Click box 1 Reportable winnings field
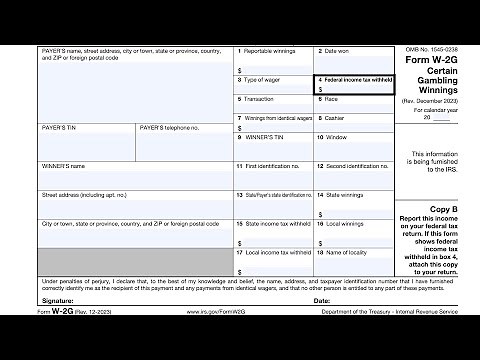pyautogui.click(x=273, y=59)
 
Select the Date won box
pyautogui.click(x=353, y=59)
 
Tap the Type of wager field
pyautogui.click(x=273, y=85)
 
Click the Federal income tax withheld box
pyautogui.click(x=353, y=85)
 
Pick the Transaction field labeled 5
pyautogui.click(x=273, y=105)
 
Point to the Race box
pyautogui.click(x=353, y=105)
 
